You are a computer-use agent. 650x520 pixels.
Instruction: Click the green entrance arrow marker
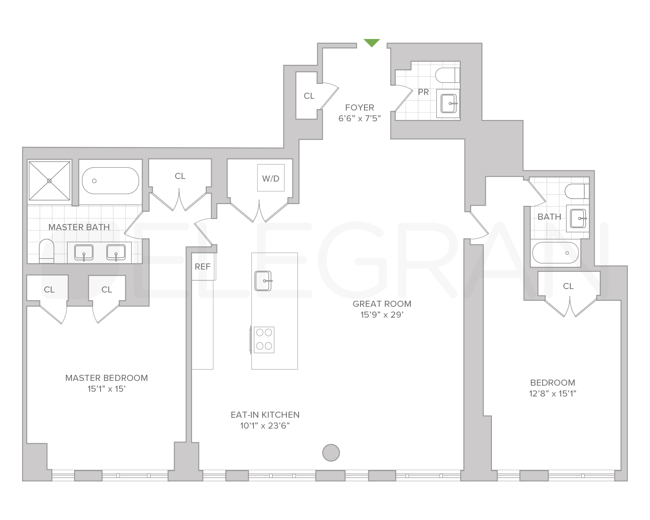(371, 42)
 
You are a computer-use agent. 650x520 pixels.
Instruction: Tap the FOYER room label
(359, 107)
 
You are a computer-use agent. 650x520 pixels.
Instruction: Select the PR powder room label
(423, 92)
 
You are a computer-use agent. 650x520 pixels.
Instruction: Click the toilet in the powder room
(447, 75)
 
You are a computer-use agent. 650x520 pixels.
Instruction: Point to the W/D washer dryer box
(271, 178)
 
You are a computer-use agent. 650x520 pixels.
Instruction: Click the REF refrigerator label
(202, 266)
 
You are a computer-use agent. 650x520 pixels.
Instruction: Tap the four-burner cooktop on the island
(264, 340)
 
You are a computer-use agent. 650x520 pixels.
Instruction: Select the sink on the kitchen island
(263, 281)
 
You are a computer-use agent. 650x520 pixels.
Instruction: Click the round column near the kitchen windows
(331, 453)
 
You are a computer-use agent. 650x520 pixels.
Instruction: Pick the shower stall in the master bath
(49, 181)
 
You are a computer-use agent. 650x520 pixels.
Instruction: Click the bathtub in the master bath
(110, 181)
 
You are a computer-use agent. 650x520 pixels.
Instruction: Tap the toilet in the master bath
(46, 251)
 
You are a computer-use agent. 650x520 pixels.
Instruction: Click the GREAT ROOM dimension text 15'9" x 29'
(382, 315)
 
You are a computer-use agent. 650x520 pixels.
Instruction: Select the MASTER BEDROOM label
(107, 378)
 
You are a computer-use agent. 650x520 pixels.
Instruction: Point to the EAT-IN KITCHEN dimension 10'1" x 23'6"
(265, 426)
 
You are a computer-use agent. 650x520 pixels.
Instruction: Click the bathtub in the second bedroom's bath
(555, 253)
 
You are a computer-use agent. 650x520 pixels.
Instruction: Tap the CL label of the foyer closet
(309, 96)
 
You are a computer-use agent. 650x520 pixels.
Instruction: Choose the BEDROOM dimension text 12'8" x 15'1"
(553, 394)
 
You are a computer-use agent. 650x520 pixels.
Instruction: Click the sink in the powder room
(448, 103)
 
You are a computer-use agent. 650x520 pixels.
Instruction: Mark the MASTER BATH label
(79, 227)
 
